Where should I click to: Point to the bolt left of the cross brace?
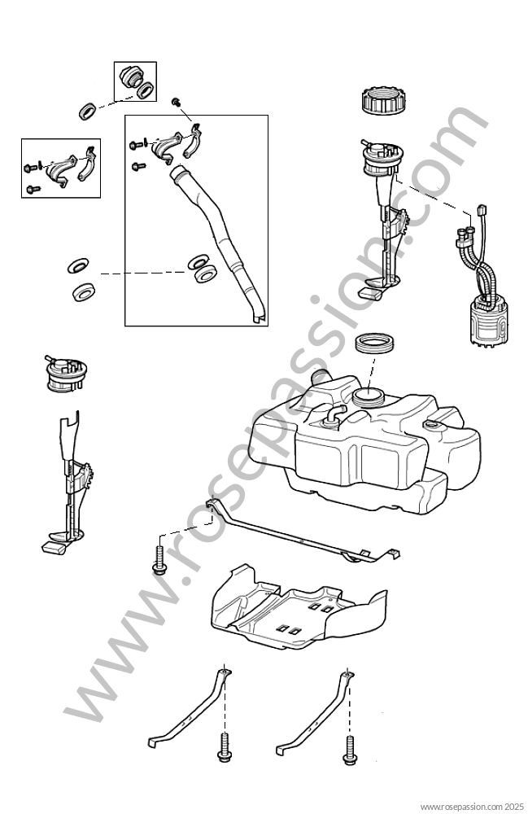[x=159, y=562]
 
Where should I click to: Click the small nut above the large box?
[x=176, y=102]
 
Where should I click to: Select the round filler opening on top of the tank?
[x=368, y=396]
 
